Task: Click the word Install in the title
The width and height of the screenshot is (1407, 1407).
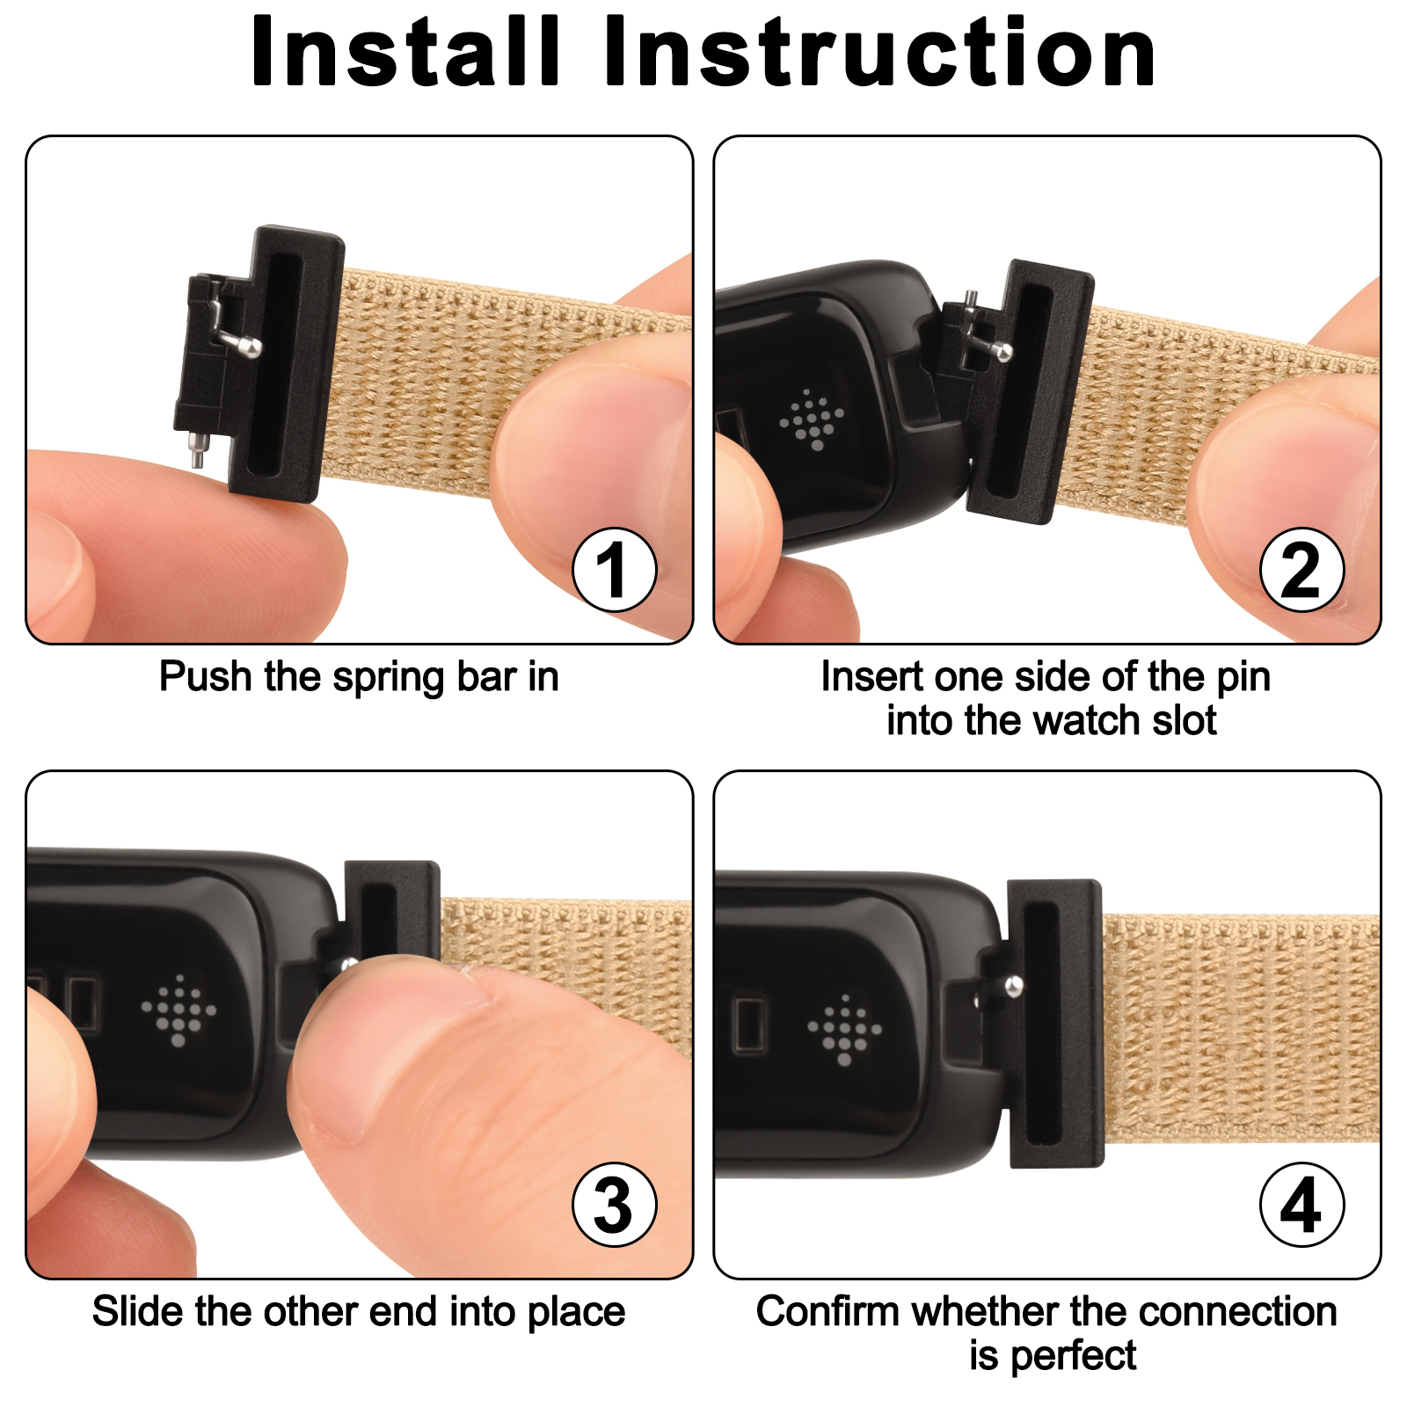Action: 405,53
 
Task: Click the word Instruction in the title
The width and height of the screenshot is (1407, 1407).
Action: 880,53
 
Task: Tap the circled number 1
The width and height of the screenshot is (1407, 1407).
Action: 614,570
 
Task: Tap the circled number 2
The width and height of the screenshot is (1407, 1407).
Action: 1301,570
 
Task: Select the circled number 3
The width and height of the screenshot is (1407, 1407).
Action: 614,1205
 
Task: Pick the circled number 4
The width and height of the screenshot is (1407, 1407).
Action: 1301,1205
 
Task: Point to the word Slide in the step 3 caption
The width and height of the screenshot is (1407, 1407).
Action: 137,1312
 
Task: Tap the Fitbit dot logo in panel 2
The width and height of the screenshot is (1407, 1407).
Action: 812,419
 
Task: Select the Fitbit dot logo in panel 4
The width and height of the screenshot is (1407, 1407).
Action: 844,1030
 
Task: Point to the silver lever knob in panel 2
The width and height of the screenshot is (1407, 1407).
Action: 1003,353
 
